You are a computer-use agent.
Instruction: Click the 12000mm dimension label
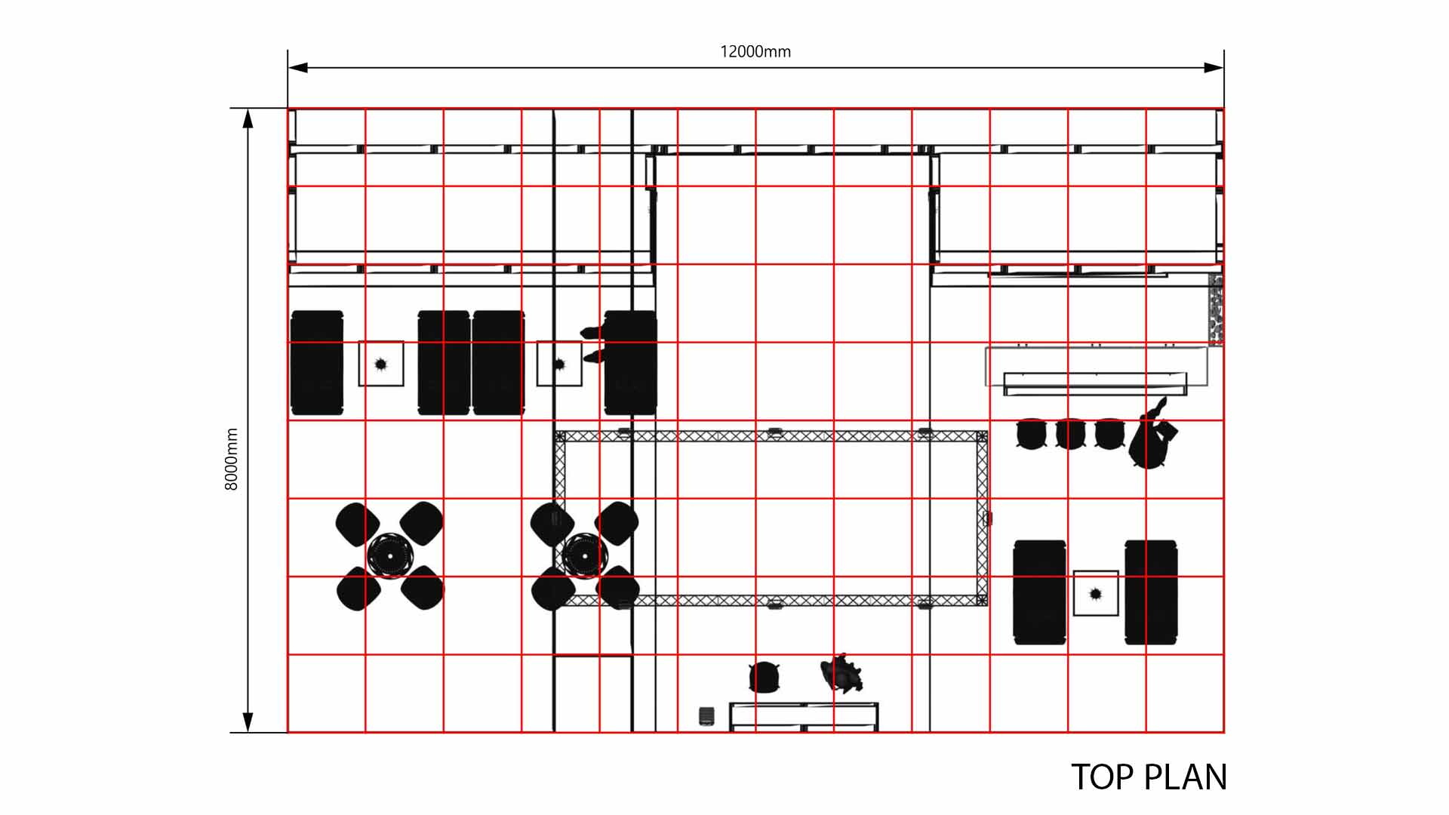pos(755,51)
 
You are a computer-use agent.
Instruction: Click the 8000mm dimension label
pos(231,459)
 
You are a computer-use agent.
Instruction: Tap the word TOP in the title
pos(1103,777)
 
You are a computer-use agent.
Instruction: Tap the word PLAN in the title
pos(1186,777)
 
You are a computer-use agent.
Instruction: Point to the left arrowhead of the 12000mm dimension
pos(297,68)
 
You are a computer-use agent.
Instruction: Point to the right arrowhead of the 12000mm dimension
pos(1214,68)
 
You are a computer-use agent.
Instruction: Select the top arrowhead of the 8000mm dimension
pos(248,118)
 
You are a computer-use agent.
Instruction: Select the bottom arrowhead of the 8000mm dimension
pos(248,722)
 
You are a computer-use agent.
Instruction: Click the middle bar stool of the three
pos(1070,434)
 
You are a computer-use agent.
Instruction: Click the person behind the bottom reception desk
pos(841,673)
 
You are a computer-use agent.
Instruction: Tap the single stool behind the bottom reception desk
pos(764,676)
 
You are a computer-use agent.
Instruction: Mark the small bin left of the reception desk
pos(706,715)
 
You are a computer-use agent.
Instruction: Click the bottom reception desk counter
pos(804,716)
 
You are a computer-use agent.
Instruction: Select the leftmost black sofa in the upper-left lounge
pos(317,363)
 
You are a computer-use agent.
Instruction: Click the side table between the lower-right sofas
pos(1096,593)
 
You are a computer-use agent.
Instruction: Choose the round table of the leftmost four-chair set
pos(390,556)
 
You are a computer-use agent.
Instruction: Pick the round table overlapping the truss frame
pos(585,556)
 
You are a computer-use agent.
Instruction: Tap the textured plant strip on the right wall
pos(1216,309)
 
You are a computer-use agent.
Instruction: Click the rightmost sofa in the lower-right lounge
pos(1151,592)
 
